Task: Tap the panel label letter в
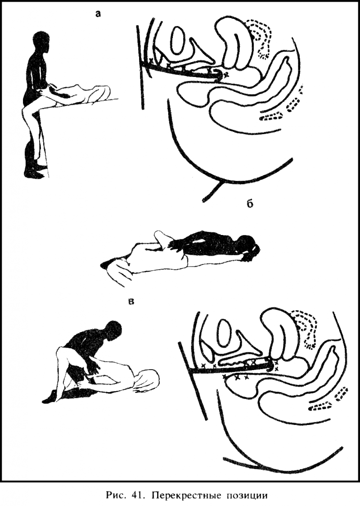[x=131, y=302]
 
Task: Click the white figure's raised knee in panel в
[x=61, y=352]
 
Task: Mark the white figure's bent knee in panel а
[x=25, y=111]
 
